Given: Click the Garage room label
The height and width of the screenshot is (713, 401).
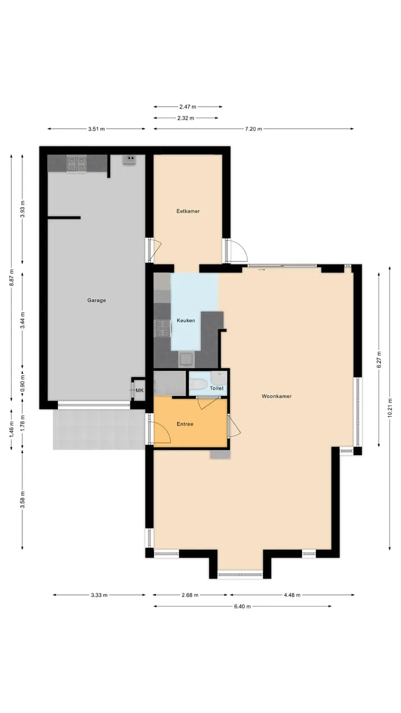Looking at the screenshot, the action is (96, 300).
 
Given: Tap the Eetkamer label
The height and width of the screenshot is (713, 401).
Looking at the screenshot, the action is (188, 211).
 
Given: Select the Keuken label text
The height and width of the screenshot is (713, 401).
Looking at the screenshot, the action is (186, 320).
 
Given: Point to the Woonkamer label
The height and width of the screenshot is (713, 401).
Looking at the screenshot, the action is (277, 396).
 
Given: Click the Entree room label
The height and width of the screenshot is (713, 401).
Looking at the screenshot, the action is (185, 424).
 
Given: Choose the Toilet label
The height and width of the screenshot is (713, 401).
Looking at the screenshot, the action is (217, 388).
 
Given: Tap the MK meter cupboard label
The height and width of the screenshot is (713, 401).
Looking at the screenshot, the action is (139, 390).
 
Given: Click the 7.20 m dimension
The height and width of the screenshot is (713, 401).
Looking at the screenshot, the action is (253, 129).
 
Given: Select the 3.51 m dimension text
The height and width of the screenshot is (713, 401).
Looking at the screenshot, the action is (96, 129).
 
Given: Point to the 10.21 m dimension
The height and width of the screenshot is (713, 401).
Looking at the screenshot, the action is (390, 409).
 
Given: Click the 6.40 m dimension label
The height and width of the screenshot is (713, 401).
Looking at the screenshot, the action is (242, 607).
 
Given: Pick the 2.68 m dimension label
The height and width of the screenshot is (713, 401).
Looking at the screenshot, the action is (190, 595).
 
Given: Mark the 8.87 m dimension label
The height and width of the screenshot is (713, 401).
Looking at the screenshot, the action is (12, 277).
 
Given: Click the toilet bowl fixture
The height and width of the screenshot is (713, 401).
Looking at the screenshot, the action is (198, 384).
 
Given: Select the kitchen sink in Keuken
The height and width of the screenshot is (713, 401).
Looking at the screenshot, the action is (186, 360).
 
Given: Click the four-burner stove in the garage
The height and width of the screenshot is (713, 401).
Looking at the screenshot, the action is (76, 164).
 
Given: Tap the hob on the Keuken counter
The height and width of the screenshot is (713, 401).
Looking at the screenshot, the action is (162, 328).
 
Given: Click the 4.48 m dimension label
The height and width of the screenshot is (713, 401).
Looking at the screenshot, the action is (292, 595).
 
